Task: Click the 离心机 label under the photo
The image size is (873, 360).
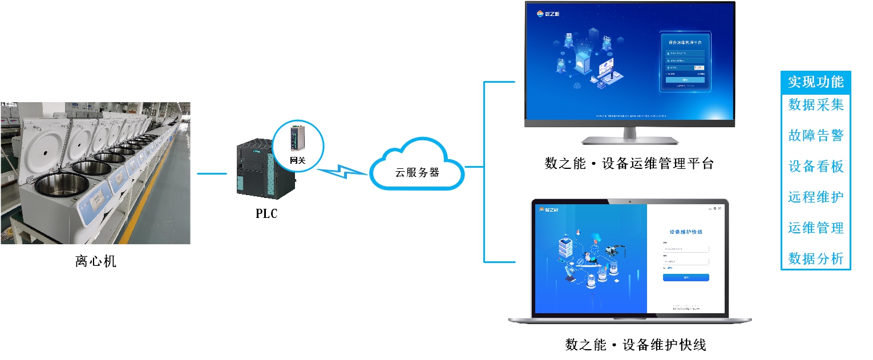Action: pyautogui.click(x=95, y=262)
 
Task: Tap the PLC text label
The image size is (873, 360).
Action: pyautogui.click(x=266, y=214)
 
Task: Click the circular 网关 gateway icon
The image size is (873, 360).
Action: pyautogui.click(x=298, y=145)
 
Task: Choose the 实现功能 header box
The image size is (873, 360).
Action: pyautogui.click(x=815, y=82)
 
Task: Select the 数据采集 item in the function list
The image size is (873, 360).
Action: pyautogui.click(x=815, y=105)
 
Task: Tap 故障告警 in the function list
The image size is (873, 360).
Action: pyautogui.click(x=815, y=136)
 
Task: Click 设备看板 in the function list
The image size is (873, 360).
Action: pyautogui.click(x=815, y=167)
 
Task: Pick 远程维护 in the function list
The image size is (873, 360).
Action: pyautogui.click(x=815, y=197)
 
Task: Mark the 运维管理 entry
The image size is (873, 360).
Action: pyautogui.click(x=815, y=228)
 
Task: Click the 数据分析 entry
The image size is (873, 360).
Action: pyautogui.click(x=815, y=258)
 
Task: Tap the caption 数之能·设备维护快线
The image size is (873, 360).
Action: pyautogui.click(x=636, y=345)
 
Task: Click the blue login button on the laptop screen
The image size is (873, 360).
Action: pyautogui.click(x=686, y=278)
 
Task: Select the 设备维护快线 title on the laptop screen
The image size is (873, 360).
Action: pyautogui.click(x=686, y=232)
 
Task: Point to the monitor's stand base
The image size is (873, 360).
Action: pyautogui.click(x=629, y=140)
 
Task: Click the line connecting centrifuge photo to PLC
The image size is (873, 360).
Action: pyautogui.click(x=212, y=173)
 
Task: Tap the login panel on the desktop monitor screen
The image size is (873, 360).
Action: pyautogui.click(x=685, y=62)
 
